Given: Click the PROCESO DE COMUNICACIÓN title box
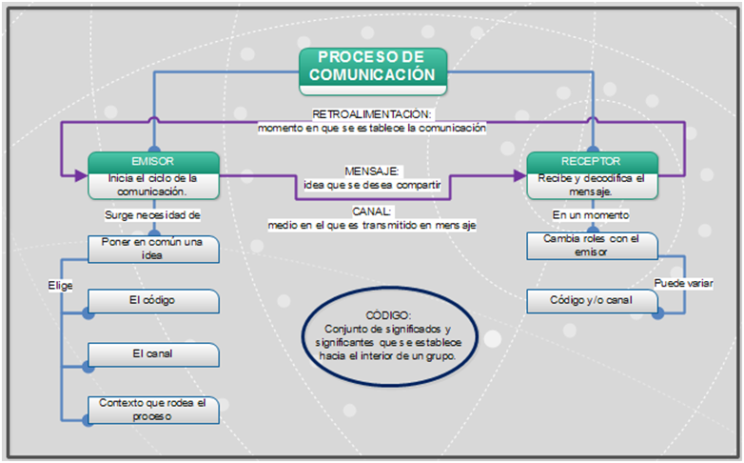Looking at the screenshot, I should coord(372,67).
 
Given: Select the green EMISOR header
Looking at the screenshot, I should coord(153,161).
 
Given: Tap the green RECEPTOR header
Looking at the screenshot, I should coord(592,161).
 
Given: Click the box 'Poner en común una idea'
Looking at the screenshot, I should coord(153,248).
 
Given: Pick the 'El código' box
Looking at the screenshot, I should coord(153,301).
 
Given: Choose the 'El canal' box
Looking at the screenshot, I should coord(153,354).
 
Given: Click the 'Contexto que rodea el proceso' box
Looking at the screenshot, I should coord(153,409).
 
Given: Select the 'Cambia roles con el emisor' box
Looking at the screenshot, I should coord(592,246).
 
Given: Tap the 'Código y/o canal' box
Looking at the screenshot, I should coord(592,301).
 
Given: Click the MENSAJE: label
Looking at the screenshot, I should coord(372,171).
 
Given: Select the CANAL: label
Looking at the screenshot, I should coord(372,211).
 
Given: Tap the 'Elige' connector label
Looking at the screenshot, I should coord(61,285).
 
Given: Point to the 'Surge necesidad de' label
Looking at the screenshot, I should coord(153,215).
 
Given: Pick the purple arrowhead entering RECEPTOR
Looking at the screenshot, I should coord(519,175).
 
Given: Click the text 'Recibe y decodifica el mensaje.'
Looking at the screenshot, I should coord(592,184).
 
